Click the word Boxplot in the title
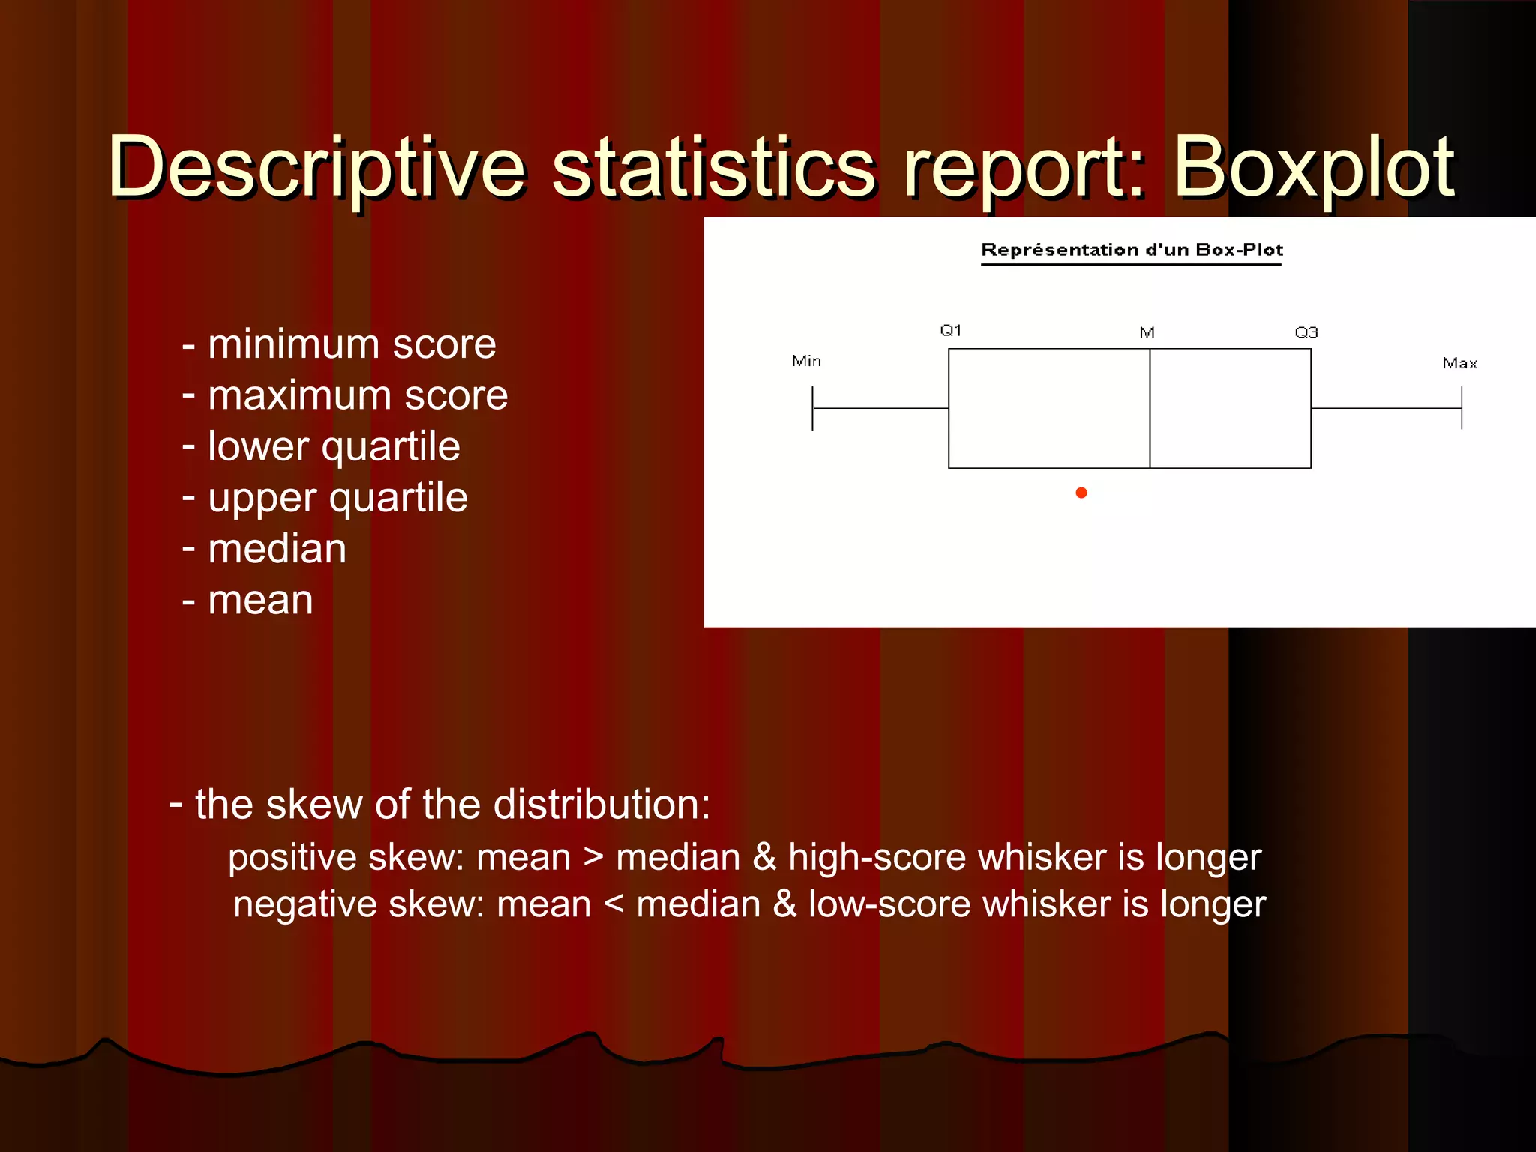click(1312, 169)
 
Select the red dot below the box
click(1081, 493)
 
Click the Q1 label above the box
click(951, 331)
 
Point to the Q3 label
click(1306, 332)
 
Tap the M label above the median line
click(1147, 333)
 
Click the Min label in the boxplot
click(806, 361)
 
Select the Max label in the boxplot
click(1459, 364)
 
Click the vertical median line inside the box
click(1150, 409)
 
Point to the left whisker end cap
click(812, 409)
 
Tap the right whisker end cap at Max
click(1462, 409)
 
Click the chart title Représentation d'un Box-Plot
click(1132, 250)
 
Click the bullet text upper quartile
click(337, 498)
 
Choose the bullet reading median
click(277, 549)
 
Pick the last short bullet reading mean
click(259, 601)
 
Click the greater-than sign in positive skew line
click(593, 857)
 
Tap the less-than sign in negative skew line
click(613, 904)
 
